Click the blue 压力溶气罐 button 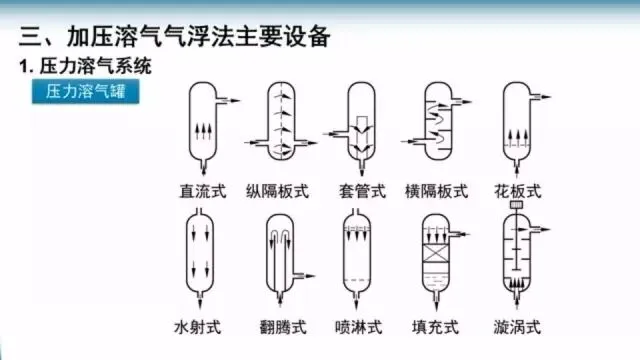(x=86, y=91)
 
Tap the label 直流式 (x=203, y=191)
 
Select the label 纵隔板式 (x=277, y=191)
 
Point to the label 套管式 (x=362, y=191)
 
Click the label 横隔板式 (x=436, y=191)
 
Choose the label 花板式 (x=518, y=191)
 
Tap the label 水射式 (x=198, y=327)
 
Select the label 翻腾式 (x=283, y=327)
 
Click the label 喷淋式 (x=358, y=327)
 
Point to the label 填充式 (x=435, y=327)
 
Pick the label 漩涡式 (x=517, y=327)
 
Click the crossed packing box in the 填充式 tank (x=436, y=253)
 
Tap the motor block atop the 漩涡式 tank (x=516, y=204)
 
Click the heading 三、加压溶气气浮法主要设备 (x=174, y=37)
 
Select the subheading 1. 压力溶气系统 (x=85, y=66)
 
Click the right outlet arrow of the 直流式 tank (x=229, y=100)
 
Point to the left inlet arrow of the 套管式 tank (x=336, y=133)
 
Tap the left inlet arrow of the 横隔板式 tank (x=413, y=142)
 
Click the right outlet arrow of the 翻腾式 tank (x=305, y=276)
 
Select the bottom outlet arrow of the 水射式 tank (x=200, y=301)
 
